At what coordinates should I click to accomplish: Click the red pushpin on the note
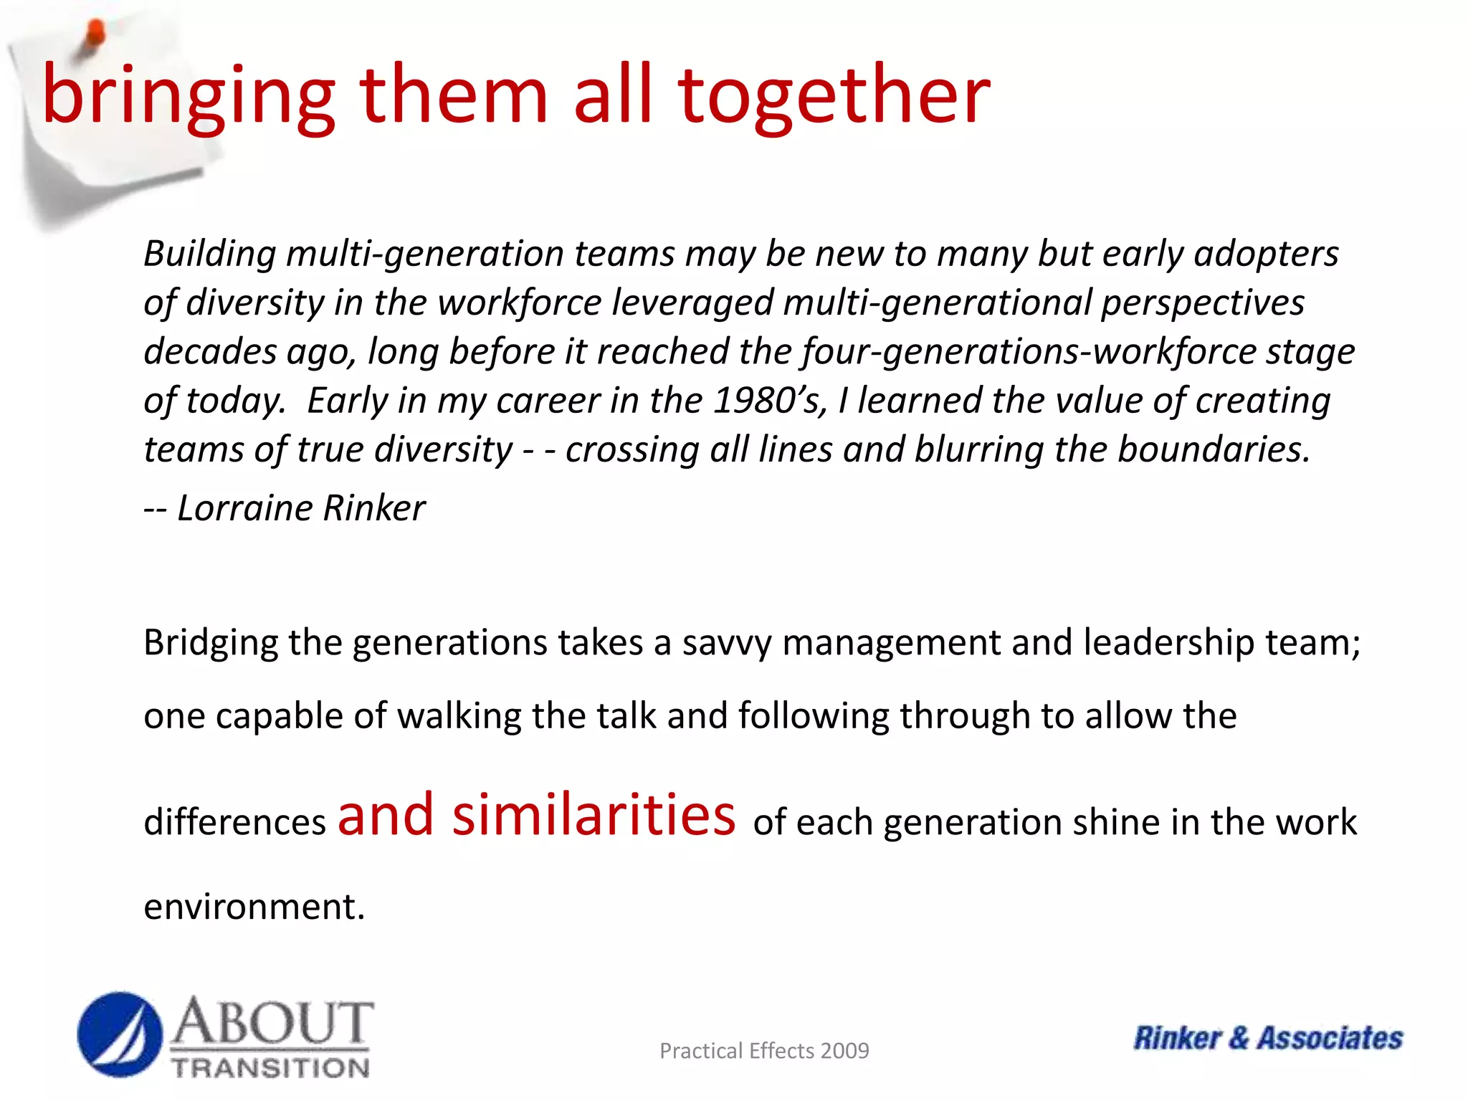[93, 36]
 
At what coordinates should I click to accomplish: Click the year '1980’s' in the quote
[771, 400]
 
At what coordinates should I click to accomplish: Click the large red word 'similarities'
[594, 815]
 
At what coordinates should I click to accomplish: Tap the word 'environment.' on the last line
[254, 907]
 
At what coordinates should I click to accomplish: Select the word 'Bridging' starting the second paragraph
[211, 643]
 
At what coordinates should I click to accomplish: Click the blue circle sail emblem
[120, 1034]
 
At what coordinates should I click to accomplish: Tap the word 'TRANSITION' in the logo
[271, 1067]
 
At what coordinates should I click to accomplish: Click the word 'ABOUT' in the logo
[272, 1023]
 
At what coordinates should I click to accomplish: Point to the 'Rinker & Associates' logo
[1267, 1038]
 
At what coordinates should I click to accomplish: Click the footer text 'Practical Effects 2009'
[764, 1051]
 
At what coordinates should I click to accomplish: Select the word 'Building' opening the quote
[210, 254]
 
